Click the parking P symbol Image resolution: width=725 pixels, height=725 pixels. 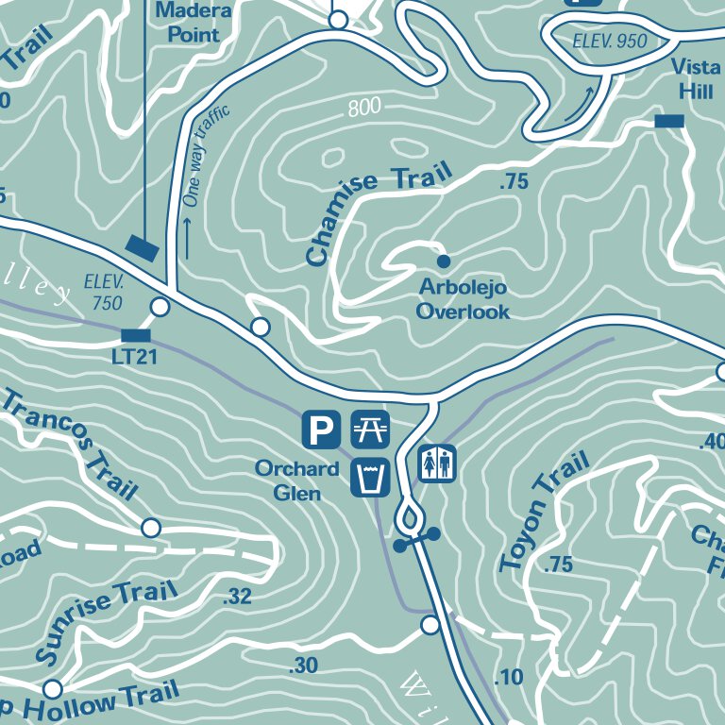(x=321, y=430)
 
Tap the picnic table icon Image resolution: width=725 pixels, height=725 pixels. (x=370, y=430)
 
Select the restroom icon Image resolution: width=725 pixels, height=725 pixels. (x=437, y=464)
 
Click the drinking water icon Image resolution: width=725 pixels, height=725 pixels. (x=370, y=477)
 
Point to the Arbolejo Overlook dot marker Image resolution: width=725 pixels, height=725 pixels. (x=443, y=261)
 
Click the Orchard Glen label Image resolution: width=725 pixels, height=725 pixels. (x=296, y=481)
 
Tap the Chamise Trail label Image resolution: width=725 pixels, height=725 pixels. (x=378, y=214)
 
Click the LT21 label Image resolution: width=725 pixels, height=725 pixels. (x=133, y=357)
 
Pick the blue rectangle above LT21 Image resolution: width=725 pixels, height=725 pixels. (x=136, y=335)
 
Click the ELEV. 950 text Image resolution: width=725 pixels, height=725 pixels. (x=611, y=41)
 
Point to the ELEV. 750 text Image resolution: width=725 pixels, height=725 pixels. (x=104, y=292)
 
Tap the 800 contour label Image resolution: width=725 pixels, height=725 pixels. (x=364, y=107)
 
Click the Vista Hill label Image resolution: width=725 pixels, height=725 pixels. (x=697, y=78)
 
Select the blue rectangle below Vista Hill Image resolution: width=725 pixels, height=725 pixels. (x=669, y=121)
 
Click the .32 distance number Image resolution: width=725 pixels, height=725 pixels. (x=238, y=597)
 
